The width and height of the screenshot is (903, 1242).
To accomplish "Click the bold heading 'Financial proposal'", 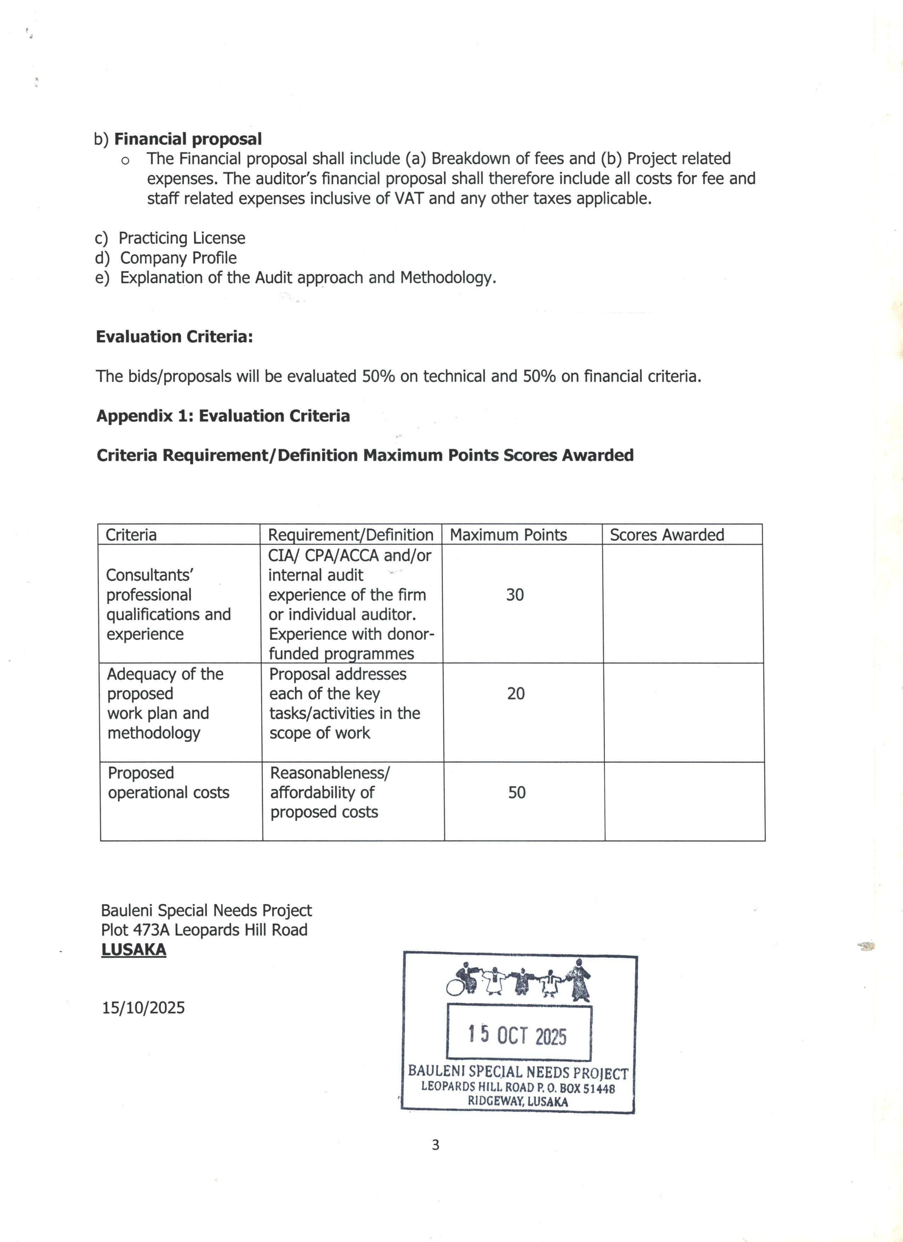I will coord(187,139).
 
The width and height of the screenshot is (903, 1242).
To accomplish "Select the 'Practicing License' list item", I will coord(181,238).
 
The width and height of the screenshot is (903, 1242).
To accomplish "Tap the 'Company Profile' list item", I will coord(178,258).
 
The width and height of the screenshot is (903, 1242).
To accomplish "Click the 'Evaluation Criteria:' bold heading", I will coord(174,337).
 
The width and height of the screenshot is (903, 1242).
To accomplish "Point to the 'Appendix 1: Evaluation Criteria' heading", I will coord(223,416).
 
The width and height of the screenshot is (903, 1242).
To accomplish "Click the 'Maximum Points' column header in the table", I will coord(508,535).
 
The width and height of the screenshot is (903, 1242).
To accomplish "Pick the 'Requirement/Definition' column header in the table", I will coord(351,535).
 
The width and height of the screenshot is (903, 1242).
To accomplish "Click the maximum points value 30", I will coord(515,595).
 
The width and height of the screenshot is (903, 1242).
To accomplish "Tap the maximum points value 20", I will coord(516,694).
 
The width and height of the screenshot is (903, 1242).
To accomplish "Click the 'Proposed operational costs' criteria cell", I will coord(168,783).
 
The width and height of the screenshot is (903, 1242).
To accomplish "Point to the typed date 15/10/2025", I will coord(143,1008).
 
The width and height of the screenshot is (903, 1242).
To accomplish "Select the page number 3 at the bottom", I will coord(435,1145).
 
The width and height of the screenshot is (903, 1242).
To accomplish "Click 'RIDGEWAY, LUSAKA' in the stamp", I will coord(517,1102).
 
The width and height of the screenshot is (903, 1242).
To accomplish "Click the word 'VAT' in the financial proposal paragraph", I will coord(409,198).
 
